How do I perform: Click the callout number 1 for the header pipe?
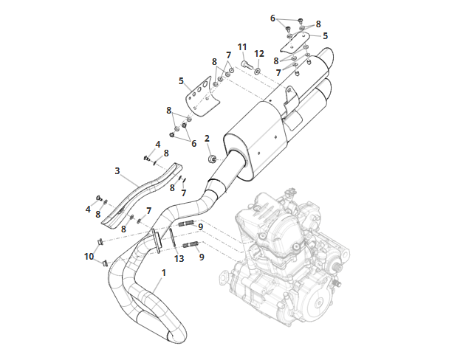tap(163, 273)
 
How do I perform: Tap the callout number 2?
tap(207, 139)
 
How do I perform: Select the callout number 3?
tap(117, 171)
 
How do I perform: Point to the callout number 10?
tap(89, 257)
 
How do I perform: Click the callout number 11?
tap(242, 47)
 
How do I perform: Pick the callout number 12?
tap(259, 54)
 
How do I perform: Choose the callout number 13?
tap(179, 259)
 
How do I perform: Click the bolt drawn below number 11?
tap(246, 65)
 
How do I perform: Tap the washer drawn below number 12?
tap(258, 71)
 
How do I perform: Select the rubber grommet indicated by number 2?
tap(212, 159)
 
